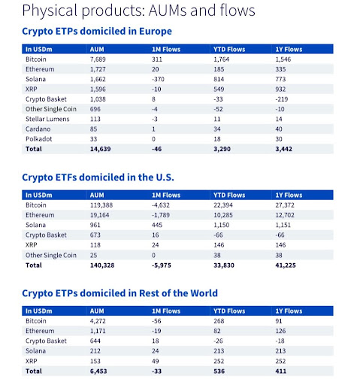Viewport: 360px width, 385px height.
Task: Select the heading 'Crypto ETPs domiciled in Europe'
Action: click(97, 32)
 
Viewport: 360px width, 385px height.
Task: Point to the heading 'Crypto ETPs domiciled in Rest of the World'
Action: click(120, 293)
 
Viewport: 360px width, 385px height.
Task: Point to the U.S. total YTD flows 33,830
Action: click(226, 265)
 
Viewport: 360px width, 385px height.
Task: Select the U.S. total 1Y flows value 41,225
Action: click(289, 265)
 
